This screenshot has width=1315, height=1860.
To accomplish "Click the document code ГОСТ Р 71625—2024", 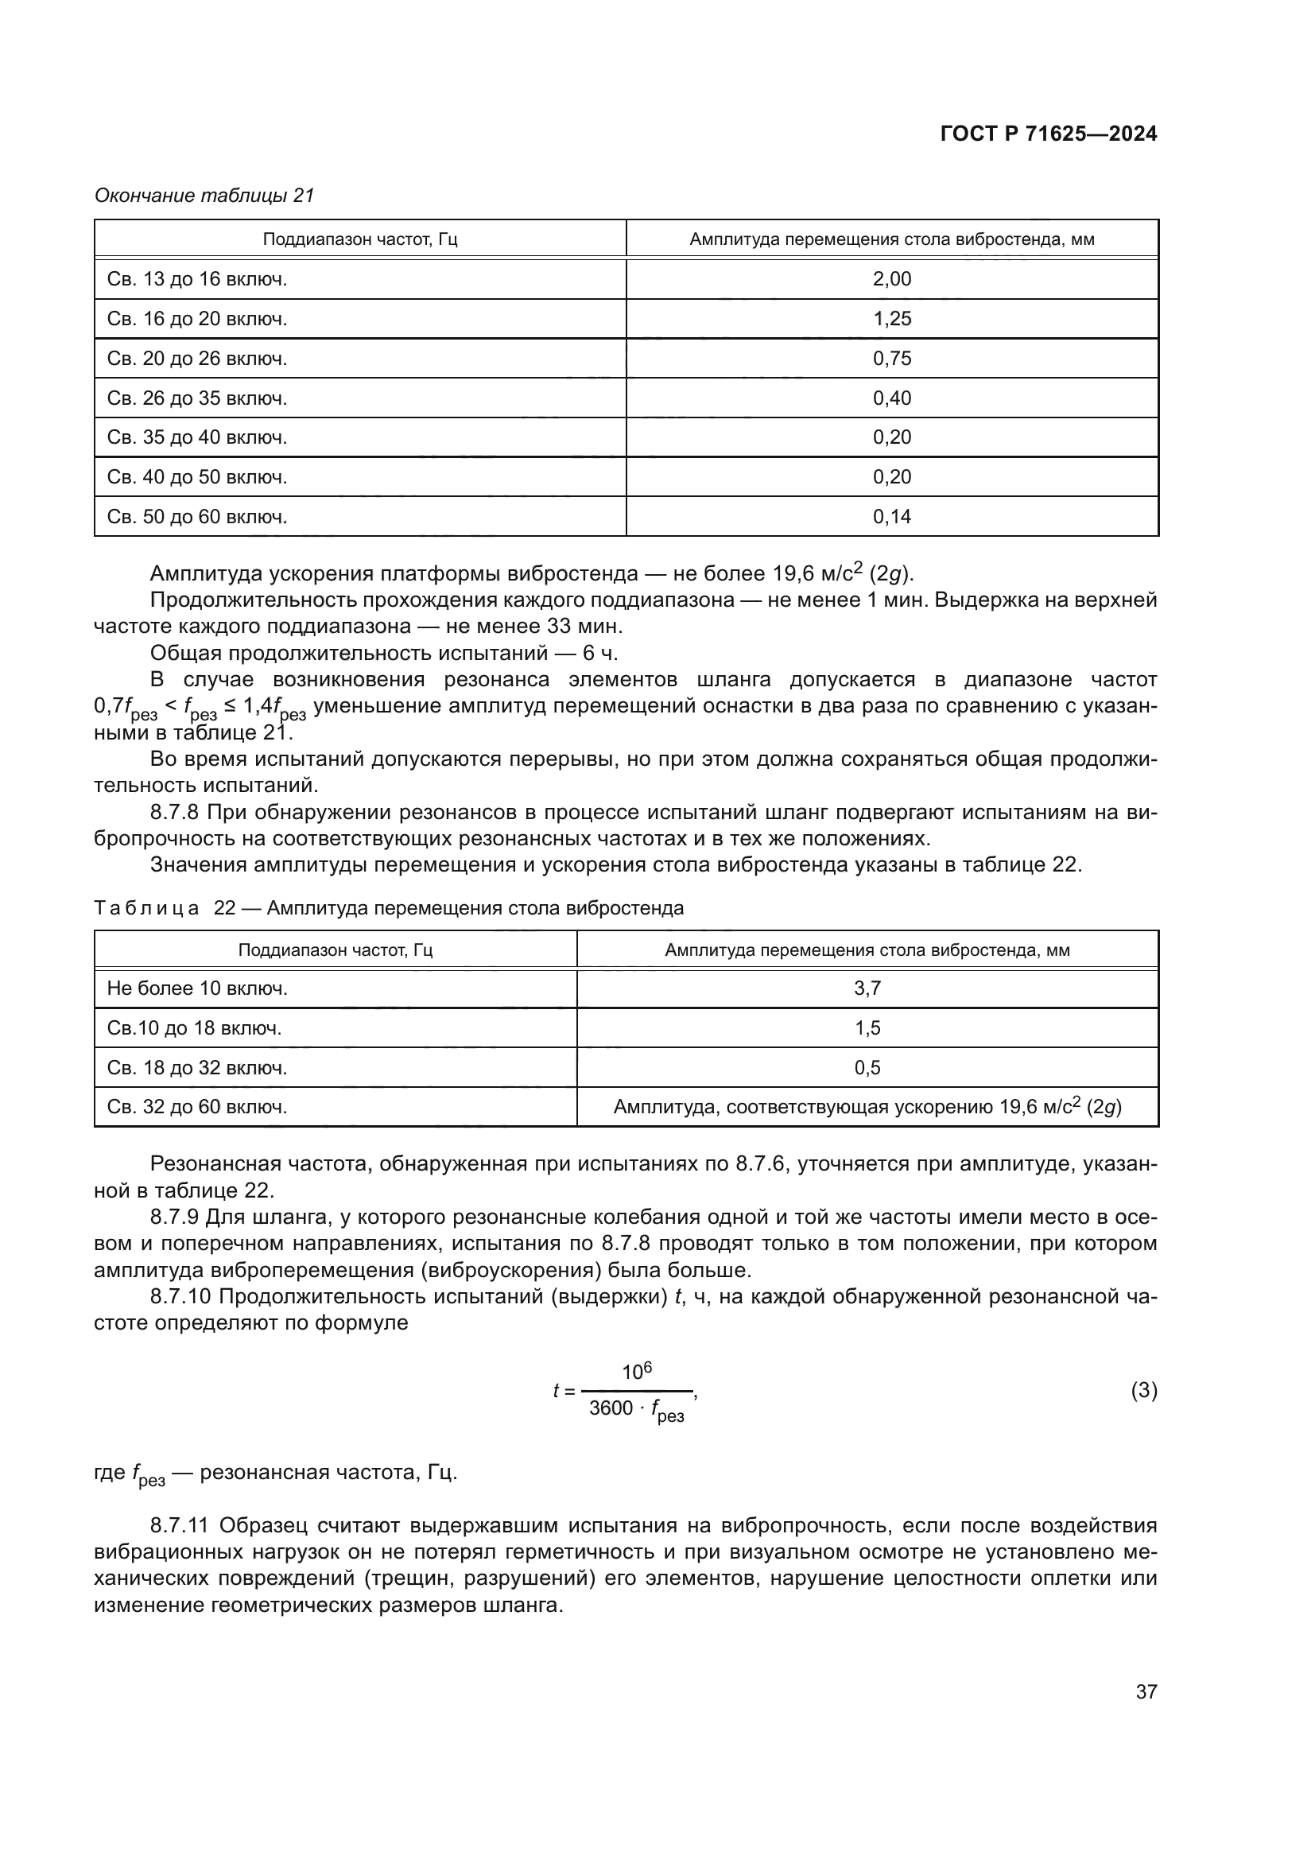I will pos(1049,134).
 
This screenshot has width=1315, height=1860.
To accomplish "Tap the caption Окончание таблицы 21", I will pos(204,196).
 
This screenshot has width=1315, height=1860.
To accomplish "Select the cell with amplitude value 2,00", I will pos(891,279).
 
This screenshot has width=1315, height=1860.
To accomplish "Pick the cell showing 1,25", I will pos(891,319).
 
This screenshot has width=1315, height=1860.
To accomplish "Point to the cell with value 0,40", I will pos(891,398).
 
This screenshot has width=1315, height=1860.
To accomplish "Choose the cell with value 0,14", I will pos(891,517).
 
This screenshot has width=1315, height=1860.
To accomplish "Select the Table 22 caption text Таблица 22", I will pos(165,908).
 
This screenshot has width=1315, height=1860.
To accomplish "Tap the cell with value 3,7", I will pos(867,988).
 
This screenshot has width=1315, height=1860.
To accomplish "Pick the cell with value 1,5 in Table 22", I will pos(867,1028).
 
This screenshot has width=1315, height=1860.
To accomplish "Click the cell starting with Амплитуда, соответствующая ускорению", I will pos(867,1107).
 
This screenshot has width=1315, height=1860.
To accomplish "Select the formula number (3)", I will pos(1143,1390).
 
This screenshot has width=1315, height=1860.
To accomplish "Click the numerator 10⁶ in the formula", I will pos(637,1372).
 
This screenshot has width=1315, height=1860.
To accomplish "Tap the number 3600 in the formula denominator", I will pos(611,1408).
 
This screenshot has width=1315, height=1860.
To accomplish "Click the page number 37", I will pos(1146,1691).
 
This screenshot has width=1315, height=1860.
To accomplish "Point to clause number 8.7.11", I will pos(180,1525).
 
